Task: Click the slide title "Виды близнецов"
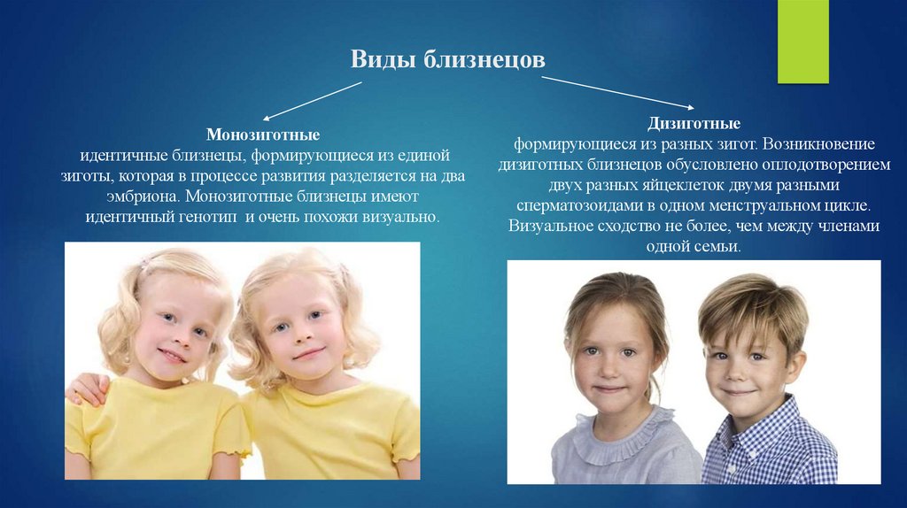[447, 61]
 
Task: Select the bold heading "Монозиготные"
[263, 135]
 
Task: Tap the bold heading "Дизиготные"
[694, 124]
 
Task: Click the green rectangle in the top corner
[802, 42]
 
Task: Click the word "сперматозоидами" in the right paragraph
[575, 205]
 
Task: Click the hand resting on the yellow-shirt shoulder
[87, 388]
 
